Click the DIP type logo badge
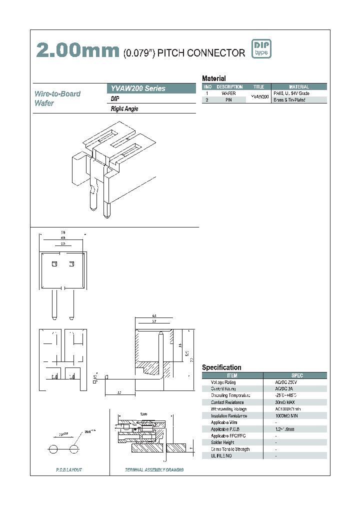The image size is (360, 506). tap(261, 49)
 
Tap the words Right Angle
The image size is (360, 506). tap(124, 109)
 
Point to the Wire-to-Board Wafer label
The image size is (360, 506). tap(57, 98)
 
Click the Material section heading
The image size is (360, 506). tap(213, 78)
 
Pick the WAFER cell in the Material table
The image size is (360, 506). tap(228, 93)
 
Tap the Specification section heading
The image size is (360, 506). tap(221, 367)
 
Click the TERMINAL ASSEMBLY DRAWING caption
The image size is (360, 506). tap(154, 470)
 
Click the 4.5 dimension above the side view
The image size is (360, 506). tap(154, 316)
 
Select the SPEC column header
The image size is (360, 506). tap(297, 375)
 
